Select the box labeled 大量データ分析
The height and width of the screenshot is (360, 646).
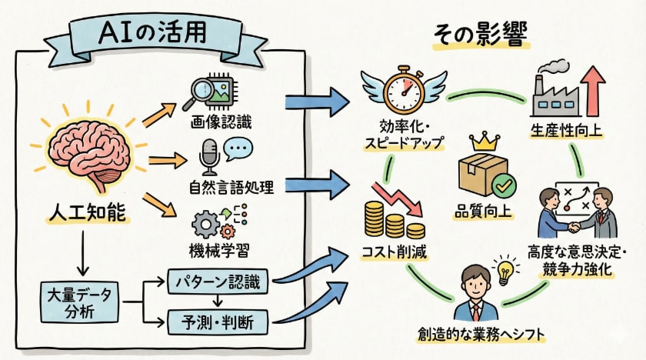(x=79, y=302)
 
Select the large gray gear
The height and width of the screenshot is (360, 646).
(x=205, y=225)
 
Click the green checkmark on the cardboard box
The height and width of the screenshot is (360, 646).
(x=504, y=185)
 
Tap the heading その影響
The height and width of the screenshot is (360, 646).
(x=481, y=36)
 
